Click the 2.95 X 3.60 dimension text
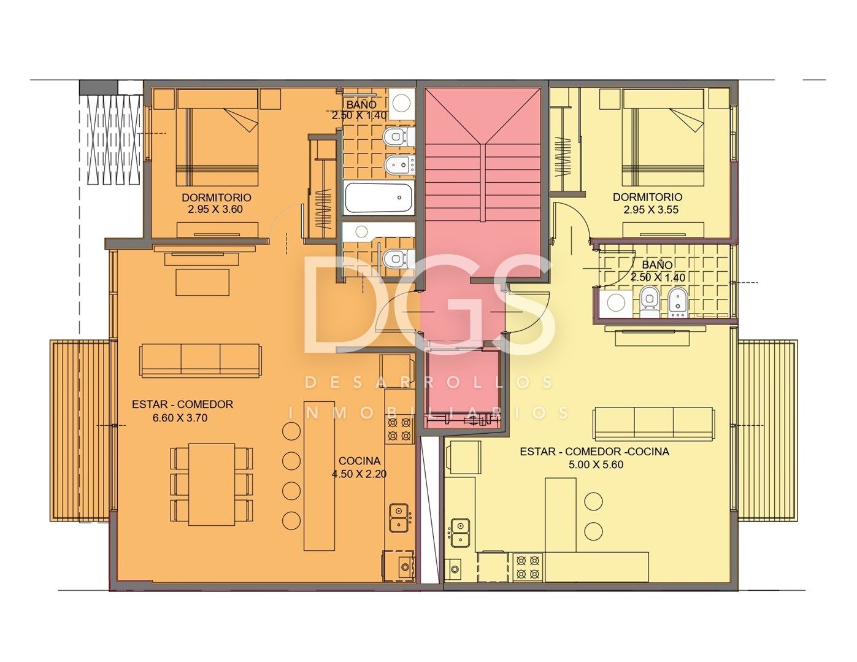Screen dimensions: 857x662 click(x=215, y=209)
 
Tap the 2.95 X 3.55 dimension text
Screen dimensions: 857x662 click(x=651, y=210)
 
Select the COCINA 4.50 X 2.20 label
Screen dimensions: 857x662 click(x=359, y=468)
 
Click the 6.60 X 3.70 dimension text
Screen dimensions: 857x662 click(x=180, y=418)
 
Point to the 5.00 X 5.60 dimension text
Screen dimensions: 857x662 click(x=596, y=465)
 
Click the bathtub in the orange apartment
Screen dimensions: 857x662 click(x=379, y=198)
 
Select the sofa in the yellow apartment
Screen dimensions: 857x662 click(x=653, y=424)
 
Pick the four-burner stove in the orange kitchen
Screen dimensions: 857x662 click(x=399, y=429)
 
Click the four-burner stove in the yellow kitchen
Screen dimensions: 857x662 click(x=528, y=567)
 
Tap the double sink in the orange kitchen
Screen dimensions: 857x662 click(x=400, y=518)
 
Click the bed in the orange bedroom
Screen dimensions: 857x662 click(x=217, y=137)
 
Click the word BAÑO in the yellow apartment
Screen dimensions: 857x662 click(x=657, y=264)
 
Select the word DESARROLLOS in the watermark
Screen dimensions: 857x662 click(x=429, y=382)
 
